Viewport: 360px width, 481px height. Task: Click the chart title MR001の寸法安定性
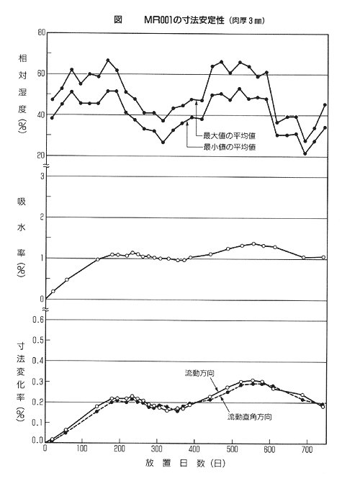point(185,20)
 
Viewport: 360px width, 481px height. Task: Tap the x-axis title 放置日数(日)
point(185,463)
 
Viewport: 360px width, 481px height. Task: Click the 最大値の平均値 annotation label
point(230,135)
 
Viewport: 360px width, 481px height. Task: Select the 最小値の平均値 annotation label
point(230,147)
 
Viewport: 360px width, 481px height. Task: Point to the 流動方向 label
point(199,373)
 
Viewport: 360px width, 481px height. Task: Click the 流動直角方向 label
point(249,417)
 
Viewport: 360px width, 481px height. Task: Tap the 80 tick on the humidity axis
point(41,32)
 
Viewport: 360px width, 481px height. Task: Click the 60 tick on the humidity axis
point(41,73)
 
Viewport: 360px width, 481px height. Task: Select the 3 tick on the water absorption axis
point(42,176)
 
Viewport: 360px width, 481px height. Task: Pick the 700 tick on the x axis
point(307,449)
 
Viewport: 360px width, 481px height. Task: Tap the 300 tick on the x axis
point(157,449)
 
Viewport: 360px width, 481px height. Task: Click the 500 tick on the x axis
point(232,449)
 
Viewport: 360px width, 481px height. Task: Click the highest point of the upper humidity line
point(108,60)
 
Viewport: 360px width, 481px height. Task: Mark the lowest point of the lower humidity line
point(305,153)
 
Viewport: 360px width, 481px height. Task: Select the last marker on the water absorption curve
point(323,257)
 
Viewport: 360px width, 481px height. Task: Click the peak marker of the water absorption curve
point(253,243)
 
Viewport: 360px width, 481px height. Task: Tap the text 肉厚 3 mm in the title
point(246,21)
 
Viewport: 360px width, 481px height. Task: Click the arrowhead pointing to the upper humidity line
point(197,103)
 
